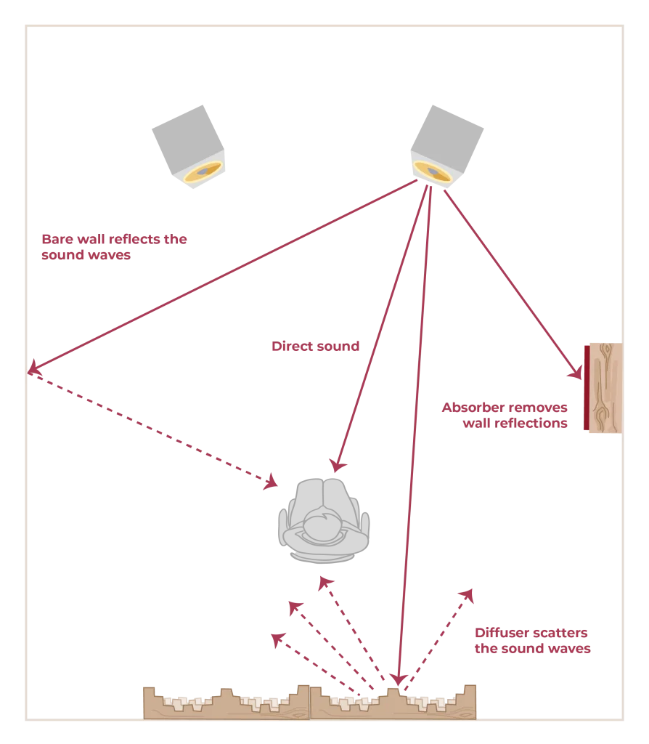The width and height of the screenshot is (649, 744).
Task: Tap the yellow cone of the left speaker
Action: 203,171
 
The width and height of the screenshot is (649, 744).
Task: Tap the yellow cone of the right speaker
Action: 433,171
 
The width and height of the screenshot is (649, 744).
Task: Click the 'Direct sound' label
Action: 315,347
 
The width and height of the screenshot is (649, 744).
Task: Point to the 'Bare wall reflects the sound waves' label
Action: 115,246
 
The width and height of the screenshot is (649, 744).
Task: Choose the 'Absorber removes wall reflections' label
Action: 505,415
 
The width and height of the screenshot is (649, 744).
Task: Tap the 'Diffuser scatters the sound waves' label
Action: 531,642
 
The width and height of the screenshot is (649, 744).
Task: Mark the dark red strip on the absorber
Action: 585,389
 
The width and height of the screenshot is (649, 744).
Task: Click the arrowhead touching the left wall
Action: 33,369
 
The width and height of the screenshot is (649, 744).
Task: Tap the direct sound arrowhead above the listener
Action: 336,466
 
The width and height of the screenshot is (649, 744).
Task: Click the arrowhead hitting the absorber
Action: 576,373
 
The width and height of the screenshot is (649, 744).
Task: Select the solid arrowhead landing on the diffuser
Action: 398,679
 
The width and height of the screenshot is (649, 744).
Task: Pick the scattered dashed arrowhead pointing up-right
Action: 468,596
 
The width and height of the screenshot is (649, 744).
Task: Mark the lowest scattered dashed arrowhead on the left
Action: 276,639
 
